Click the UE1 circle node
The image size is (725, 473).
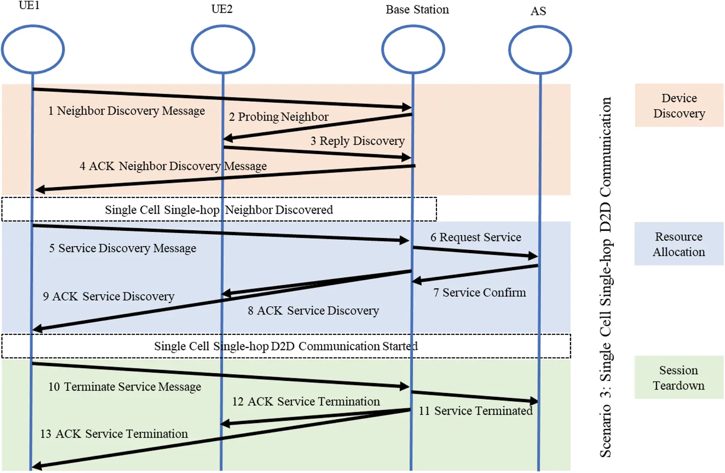pos(33,49)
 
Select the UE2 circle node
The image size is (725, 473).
pos(223,49)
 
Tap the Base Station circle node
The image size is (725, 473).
pos(413,49)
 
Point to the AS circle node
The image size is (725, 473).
pos(540,50)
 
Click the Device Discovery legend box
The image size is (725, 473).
pos(679,105)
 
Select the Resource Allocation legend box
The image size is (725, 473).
pos(679,244)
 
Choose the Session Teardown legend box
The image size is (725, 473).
pos(679,377)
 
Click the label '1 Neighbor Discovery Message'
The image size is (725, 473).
pos(126,111)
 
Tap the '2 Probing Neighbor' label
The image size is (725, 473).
pos(278,117)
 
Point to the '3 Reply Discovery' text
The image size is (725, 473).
pos(357,141)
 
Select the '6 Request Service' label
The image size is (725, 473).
pos(475,237)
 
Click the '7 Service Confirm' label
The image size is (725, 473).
pos(479,293)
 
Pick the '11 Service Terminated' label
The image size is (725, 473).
pos(475,411)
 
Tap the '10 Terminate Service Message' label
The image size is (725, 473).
pos(125,387)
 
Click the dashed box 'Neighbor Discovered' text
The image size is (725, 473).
pos(219,210)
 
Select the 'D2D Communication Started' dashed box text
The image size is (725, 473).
pos(286,346)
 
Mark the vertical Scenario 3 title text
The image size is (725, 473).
pos(606,277)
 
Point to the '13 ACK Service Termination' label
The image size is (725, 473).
pos(114,434)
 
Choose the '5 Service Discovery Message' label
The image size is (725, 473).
pos(123,248)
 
